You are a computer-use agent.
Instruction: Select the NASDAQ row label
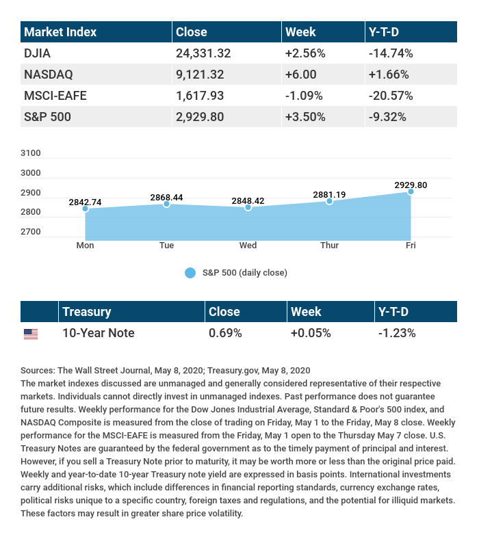pos(48,75)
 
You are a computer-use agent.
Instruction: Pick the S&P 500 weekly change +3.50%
pos(305,117)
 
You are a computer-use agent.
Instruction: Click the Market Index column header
pos(60,32)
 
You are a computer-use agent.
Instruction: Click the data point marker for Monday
pos(86,208)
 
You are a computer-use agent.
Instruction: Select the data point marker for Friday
pos(411,192)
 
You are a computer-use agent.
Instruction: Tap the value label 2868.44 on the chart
pos(166,197)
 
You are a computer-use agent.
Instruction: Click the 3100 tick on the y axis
pos(31,153)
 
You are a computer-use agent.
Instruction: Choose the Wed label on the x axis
pos(248,246)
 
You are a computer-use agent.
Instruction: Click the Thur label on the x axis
pos(329,246)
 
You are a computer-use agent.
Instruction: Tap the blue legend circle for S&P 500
pos(190,273)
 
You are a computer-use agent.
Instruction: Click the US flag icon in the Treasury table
pos(31,334)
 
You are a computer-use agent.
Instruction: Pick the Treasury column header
pos(86,312)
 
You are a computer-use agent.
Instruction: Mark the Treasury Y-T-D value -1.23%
pos(397,333)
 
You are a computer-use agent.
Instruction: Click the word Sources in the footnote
pos(37,370)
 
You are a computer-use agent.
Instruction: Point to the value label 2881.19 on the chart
pos(329,194)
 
